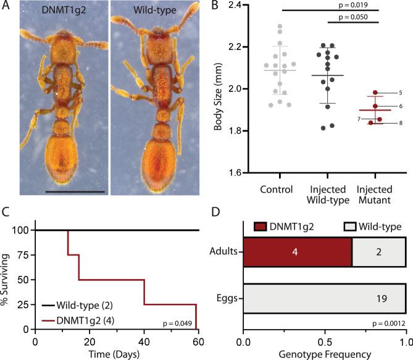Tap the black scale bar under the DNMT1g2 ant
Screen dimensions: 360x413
click(x=66, y=192)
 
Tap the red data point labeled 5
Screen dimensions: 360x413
click(x=374, y=93)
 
